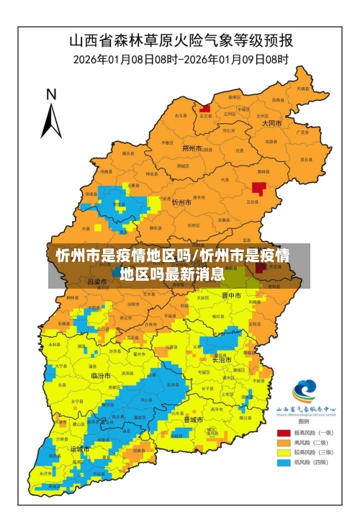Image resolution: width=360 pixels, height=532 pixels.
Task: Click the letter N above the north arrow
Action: pyautogui.click(x=51, y=94)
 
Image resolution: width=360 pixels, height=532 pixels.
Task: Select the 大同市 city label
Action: pyautogui.click(x=271, y=123)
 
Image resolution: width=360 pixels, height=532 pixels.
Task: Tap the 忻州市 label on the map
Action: pyautogui.click(x=181, y=203)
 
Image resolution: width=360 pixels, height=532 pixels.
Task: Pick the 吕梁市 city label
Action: pyautogui.click(x=97, y=282)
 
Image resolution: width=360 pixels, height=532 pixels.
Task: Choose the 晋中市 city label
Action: pyautogui.click(x=230, y=296)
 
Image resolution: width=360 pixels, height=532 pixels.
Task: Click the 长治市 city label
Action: pyautogui.click(x=222, y=360)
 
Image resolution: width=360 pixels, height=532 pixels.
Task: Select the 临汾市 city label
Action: pyautogui.click(x=101, y=376)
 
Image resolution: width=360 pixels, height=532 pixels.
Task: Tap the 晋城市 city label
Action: pyautogui.click(x=193, y=419)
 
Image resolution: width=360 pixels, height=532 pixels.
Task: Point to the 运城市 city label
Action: pyautogui.click(x=80, y=448)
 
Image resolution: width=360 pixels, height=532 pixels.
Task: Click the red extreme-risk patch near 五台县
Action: pyautogui.click(x=258, y=189)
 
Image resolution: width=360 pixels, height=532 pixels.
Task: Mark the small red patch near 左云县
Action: pyautogui.click(x=205, y=109)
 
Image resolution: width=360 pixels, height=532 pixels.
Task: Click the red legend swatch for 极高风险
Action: pyautogui.click(x=284, y=433)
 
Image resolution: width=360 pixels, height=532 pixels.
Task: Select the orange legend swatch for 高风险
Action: pyautogui.click(x=284, y=443)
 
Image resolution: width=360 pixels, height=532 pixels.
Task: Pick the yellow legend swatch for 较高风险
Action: pyautogui.click(x=284, y=453)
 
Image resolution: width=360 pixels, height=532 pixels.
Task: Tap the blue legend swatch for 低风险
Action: pyautogui.click(x=284, y=463)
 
